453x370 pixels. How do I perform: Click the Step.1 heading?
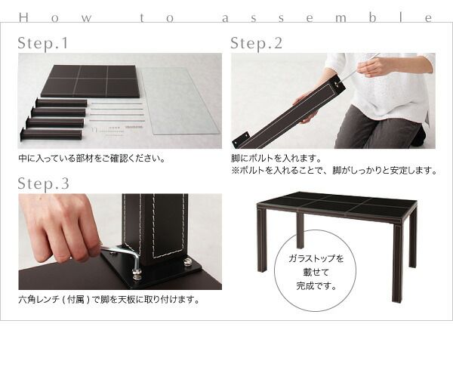(x=42, y=44)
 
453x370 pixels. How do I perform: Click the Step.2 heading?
(x=256, y=44)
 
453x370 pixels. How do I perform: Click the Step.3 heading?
(x=43, y=183)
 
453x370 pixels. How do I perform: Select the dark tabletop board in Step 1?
(x=90, y=81)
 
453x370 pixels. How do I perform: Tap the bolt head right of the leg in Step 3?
(x=186, y=262)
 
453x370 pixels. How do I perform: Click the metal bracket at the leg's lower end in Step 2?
(x=242, y=140)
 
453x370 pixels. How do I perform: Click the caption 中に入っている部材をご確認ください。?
(x=91, y=159)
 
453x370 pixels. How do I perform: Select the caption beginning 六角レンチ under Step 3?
(x=109, y=300)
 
